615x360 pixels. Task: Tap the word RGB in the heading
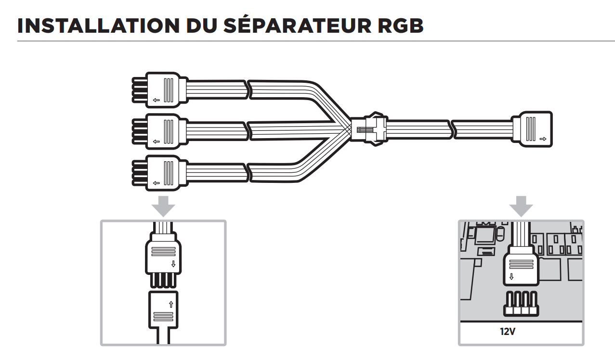pyautogui.click(x=397, y=25)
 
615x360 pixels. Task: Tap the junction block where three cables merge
pyautogui.click(x=368, y=129)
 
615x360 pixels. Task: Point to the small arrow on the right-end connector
pyautogui.click(x=543, y=139)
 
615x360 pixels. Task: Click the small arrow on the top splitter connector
pyautogui.click(x=156, y=101)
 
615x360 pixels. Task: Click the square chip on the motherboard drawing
pyautogui.click(x=484, y=235)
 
